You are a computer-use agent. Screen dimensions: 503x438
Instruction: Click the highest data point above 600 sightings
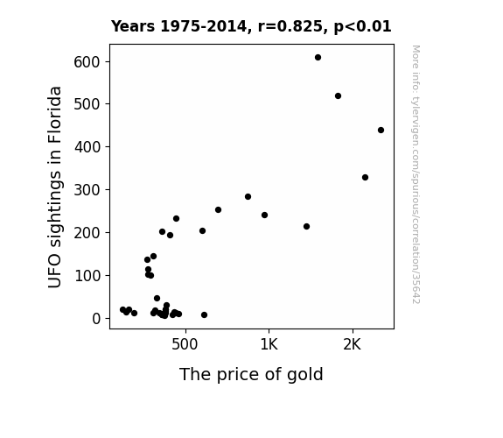coord(318,58)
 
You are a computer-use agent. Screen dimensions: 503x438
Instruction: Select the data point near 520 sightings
coord(338,96)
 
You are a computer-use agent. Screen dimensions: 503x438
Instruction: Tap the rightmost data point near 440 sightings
coord(381,131)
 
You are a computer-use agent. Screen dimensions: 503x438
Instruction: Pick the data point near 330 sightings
coord(365,177)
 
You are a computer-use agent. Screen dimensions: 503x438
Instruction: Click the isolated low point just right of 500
coord(204,315)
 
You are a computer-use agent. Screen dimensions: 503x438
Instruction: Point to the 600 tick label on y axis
coord(87,62)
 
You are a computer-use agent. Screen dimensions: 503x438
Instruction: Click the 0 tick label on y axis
coord(96,319)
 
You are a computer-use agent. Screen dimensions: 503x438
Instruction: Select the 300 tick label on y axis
coord(87,190)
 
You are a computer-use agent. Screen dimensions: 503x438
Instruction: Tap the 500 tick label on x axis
coord(185,344)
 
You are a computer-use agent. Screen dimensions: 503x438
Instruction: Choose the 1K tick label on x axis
coord(269,344)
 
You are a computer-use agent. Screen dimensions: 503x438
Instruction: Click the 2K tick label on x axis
coord(353,344)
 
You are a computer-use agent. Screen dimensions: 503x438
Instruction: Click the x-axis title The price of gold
coord(251,375)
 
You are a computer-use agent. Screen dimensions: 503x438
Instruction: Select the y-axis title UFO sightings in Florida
coord(54,187)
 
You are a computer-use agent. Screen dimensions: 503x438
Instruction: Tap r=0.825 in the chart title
coord(290,26)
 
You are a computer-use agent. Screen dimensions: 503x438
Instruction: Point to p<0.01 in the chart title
coord(363,26)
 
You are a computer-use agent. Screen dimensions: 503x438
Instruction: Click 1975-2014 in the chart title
coord(203,26)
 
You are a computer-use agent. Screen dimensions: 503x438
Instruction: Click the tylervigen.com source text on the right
coord(416,174)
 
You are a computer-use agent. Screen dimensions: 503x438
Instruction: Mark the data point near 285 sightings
coord(248,197)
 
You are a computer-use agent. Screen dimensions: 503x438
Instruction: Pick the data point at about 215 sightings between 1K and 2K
coord(306,227)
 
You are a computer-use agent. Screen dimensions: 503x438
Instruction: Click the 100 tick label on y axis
coord(87,276)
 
